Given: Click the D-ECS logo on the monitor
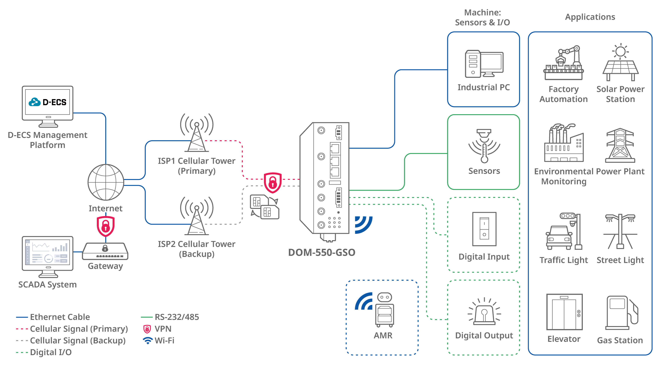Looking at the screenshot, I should point(48,102).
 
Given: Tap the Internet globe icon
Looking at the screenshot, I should point(106,182).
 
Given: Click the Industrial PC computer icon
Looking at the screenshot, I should point(484,64).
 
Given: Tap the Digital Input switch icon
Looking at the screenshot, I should point(484,229).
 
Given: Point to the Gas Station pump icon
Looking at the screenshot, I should point(621,313).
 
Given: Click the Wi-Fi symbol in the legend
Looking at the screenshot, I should point(148,340).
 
